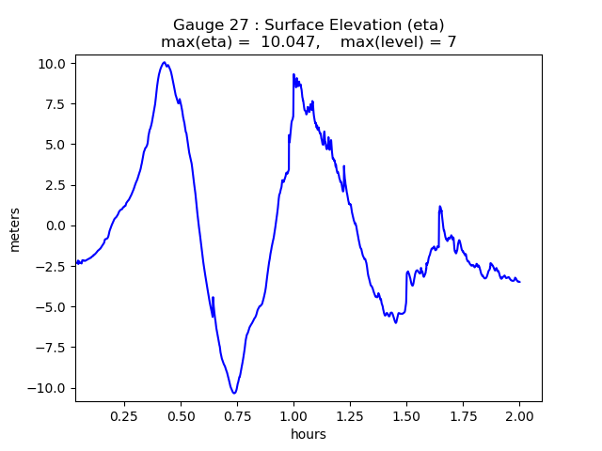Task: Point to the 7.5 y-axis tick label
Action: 56,103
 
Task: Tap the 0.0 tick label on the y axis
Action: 56,225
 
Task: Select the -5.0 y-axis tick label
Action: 51,306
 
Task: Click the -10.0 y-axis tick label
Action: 48,388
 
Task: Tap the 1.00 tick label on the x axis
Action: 293,415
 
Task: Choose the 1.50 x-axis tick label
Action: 406,415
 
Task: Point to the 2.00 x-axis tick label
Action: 519,415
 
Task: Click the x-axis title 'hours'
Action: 309,434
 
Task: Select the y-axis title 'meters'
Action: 15,229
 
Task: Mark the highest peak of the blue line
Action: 164,62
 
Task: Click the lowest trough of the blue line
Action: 233,393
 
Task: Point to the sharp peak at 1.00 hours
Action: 293,74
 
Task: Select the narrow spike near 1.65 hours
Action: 439,206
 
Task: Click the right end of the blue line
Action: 519,282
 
